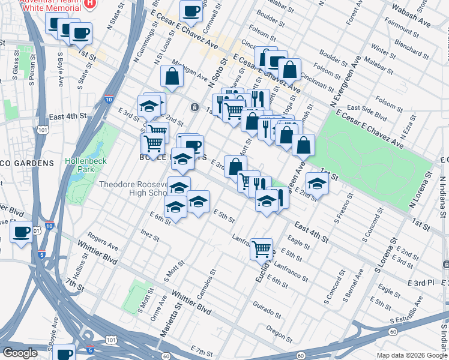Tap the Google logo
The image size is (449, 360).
tap(20, 353)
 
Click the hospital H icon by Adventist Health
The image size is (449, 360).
tap(89, 3)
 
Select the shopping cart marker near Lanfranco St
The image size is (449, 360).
tap(261, 248)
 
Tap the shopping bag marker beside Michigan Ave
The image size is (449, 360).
tap(172, 76)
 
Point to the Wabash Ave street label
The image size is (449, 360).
tap(411, 17)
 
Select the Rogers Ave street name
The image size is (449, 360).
tap(102, 242)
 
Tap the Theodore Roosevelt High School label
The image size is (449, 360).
tap(134, 188)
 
